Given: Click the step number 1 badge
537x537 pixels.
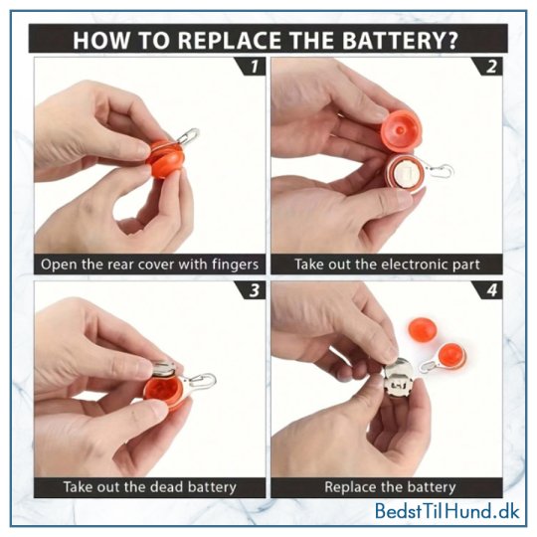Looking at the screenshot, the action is click(x=253, y=67).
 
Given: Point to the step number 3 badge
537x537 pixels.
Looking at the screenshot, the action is click(x=253, y=290).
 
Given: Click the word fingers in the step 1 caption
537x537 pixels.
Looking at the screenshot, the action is click(x=235, y=265).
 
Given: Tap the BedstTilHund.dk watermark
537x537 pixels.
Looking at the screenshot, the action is click(x=447, y=511).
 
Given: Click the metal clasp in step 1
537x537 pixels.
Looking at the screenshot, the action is click(x=187, y=136).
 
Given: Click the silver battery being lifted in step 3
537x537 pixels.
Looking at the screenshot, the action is click(x=164, y=368).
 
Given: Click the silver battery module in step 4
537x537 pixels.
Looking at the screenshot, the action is click(x=400, y=378).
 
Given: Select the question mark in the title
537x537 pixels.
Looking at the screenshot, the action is click(x=452, y=41).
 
